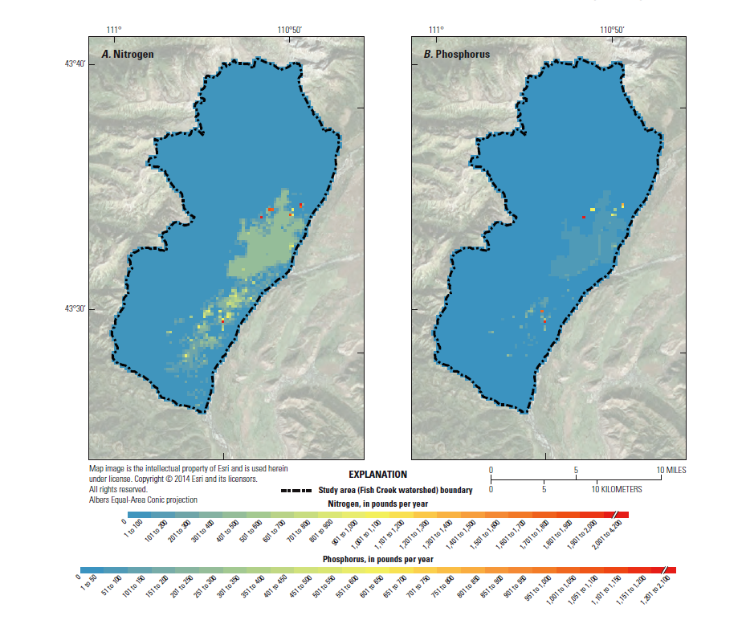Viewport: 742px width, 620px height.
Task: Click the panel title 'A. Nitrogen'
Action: pos(127,55)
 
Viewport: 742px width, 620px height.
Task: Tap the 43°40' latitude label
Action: pos(75,63)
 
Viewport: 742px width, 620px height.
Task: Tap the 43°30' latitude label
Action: pos(75,308)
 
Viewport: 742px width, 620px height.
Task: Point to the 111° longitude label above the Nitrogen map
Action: pos(113,30)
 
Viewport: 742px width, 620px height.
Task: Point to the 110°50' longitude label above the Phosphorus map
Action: pos(611,30)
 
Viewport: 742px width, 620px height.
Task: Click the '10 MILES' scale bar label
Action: pos(669,470)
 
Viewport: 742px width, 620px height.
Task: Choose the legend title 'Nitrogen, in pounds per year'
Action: pos(377,504)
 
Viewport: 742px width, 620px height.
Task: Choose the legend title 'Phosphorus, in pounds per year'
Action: pos(377,558)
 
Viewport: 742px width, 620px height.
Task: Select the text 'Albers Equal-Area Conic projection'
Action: pos(142,499)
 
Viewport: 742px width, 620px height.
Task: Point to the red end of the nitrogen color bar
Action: pos(622,515)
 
